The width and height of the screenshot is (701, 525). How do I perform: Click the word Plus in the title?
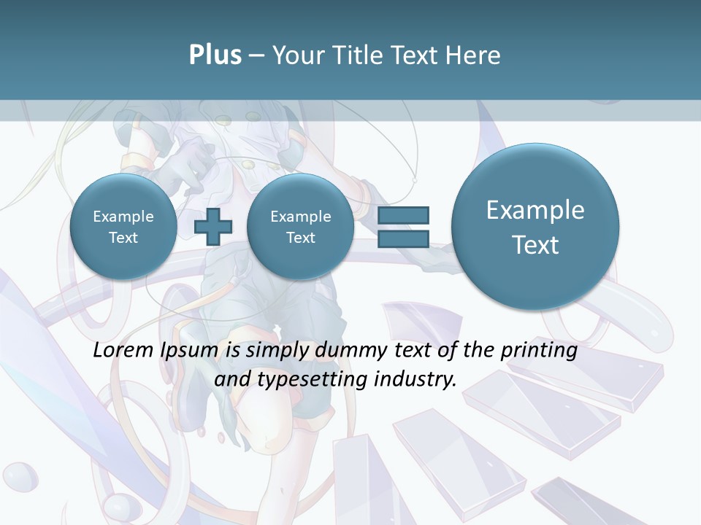(x=215, y=55)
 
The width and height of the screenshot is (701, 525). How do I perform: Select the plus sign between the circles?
(x=213, y=227)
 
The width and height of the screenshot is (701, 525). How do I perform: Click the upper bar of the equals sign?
(x=403, y=215)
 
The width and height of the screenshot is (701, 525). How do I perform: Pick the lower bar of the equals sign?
(x=403, y=238)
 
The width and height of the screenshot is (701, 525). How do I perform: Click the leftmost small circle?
(x=123, y=227)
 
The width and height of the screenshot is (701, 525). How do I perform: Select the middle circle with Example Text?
(x=300, y=227)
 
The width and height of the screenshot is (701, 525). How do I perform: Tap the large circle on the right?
(x=535, y=227)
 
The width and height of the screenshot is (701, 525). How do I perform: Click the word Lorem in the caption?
(x=123, y=351)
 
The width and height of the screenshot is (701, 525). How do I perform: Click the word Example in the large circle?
(x=535, y=210)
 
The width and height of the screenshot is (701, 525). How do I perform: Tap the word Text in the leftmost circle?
(x=123, y=238)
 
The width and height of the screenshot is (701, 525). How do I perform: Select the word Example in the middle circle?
(x=300, y=217)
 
